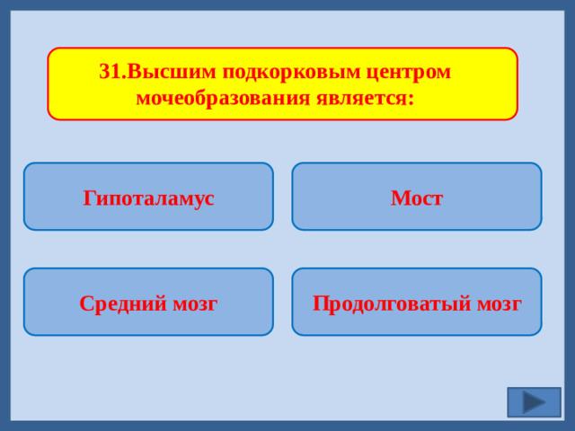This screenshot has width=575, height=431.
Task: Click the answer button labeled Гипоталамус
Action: (x=148, y=197)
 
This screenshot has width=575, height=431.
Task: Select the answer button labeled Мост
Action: (x=416, y=197)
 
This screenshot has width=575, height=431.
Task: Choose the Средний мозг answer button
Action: (x=148, y=303)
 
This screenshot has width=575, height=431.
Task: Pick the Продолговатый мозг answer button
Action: (x=416, y=303)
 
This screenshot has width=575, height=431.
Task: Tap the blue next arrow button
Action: (x=534, y=401)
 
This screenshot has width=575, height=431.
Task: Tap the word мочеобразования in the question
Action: (x=222, y=97)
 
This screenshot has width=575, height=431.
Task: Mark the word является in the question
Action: (x=359, y=97)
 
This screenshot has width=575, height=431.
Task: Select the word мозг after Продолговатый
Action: (x=499, y=303)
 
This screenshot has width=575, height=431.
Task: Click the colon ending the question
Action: (x=411, y=99)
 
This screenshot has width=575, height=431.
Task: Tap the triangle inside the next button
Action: (x=534, y=401)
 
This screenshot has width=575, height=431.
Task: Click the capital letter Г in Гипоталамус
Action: (x=89, y=198)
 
